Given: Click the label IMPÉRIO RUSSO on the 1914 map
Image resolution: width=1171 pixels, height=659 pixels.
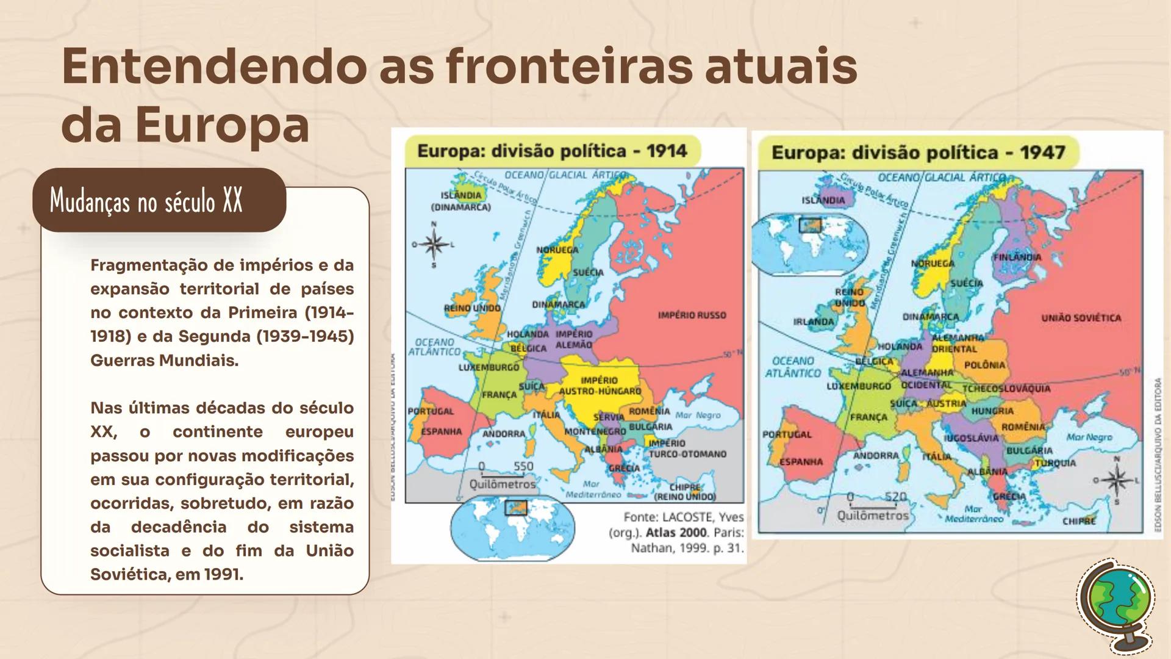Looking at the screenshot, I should click(692, 315).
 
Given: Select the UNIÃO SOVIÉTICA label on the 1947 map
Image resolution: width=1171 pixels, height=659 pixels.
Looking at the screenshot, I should click(1081, 318).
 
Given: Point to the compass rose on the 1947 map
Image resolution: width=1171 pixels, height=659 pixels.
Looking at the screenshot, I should click(1117, 480).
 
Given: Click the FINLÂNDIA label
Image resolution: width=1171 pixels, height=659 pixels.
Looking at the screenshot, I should click(1017, 257).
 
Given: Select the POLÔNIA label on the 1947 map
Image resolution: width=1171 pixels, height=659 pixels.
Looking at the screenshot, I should click(984, 365).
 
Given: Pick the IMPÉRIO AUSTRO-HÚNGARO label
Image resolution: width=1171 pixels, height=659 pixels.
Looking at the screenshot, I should click(600, 386).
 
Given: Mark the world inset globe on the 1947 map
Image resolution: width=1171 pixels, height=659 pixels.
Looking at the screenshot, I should click(810, 242).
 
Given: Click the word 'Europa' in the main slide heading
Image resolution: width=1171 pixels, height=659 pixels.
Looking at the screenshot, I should click(223, 125).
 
